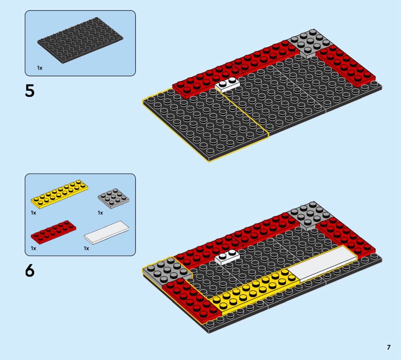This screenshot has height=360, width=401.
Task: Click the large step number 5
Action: point(30,91)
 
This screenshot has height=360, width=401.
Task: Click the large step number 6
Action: point(30,270)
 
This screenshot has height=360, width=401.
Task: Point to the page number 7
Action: point(389,347)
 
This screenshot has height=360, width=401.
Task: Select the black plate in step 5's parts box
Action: point(80,40)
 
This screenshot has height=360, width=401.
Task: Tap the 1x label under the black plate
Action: point(40,68)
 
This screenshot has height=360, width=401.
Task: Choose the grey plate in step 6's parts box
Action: point(113,199)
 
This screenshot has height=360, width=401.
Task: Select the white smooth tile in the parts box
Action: point(107,232)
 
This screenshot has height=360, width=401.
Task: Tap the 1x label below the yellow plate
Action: point(34,213)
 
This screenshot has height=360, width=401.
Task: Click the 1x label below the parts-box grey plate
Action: point(100,213)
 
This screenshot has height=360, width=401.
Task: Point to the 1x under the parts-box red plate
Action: point(34,248)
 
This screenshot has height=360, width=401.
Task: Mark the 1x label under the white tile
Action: point(86,248)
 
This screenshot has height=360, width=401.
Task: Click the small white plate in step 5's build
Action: point(228,84)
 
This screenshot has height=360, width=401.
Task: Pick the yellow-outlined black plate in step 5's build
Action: point(206,125)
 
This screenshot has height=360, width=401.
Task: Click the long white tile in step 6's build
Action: point(323,264)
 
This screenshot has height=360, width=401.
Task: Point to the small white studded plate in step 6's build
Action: point(228,257)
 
